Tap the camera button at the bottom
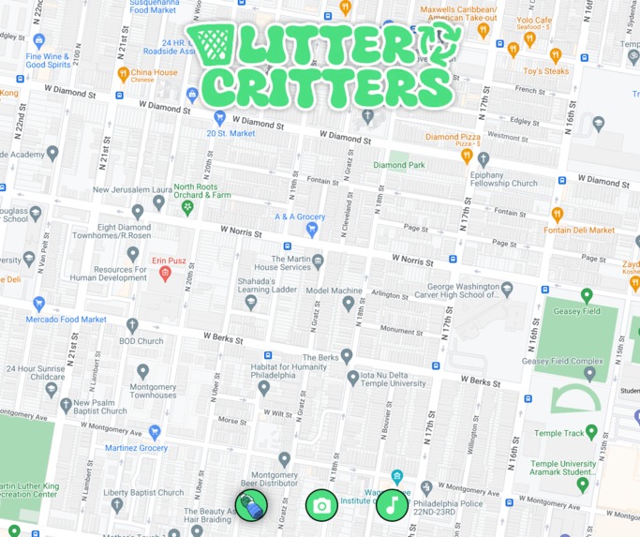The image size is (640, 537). (x=321, y=506)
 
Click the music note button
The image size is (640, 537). (x=392, y=506)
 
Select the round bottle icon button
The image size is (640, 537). (x=251, y=506)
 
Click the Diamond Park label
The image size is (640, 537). (x=399, y=165)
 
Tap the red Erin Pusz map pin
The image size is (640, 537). (x=165, y=274)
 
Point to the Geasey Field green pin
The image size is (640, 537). (x=587, y=296)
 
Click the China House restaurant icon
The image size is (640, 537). (x=123, y=73)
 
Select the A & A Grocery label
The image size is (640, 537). (x=300, y=217)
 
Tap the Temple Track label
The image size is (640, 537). (x=560, y=433)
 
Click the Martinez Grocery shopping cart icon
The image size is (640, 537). (x=155, y=432)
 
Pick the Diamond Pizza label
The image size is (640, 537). (x=453, y=137)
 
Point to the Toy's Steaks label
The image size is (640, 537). (x=546, y=71)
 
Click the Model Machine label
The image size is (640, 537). (x=334, y=291)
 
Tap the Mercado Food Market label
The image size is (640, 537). (x=67, y=320)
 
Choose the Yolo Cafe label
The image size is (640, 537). (x=534, y=20)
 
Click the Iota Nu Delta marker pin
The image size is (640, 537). (x=353, y=378)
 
